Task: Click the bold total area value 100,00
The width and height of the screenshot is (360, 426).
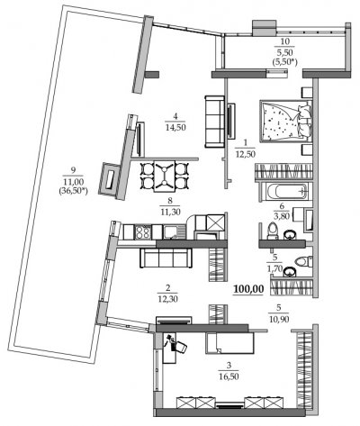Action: point(248,289)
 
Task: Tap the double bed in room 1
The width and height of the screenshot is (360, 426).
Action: point(285,121)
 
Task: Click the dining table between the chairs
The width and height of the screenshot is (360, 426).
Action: point(164,176)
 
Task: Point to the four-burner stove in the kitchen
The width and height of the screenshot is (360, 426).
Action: point(142,232)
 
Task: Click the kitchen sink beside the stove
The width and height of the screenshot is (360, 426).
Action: point(171,232)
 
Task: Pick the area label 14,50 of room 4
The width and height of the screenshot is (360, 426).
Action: point(175,127)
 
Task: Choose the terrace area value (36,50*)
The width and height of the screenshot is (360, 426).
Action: point(73,190)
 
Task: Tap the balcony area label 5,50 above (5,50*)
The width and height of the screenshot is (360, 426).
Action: point(284,51)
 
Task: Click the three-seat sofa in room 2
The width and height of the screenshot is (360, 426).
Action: point(166,258)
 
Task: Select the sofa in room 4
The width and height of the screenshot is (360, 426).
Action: point(215,122)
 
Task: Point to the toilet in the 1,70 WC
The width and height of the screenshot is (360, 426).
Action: point(303,261)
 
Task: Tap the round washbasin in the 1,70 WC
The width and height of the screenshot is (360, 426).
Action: point(290,271)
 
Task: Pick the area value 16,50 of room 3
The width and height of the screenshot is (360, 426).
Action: point(229,376)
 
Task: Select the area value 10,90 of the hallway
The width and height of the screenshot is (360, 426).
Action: point(279,319)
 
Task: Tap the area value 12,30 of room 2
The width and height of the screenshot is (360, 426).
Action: point(167,299)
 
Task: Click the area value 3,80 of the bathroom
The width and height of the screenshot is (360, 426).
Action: point(282,215)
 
